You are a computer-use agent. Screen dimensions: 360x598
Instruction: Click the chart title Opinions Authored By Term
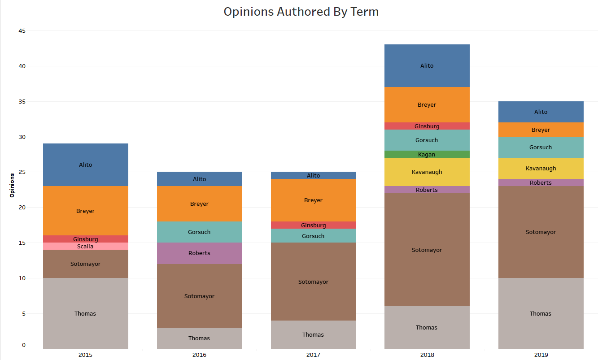[301, 12]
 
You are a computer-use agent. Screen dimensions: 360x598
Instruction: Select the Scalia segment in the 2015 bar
[85, 246]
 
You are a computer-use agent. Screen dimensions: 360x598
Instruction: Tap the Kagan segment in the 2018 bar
[427, 154]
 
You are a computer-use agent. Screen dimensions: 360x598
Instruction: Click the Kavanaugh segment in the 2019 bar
[541, 168]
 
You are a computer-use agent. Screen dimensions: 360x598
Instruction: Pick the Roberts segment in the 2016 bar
[199, 253]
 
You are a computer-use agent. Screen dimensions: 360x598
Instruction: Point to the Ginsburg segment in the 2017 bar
[313, 225]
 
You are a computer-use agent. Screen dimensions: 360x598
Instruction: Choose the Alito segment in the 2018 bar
[427, 65]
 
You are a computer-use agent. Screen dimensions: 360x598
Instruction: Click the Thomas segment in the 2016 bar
[199, 338]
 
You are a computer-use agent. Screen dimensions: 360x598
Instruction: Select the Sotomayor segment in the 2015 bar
[85, 264]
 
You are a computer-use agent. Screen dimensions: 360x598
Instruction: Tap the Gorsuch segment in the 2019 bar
[541, 147]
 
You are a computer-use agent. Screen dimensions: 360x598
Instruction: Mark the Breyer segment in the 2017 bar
[313, 200]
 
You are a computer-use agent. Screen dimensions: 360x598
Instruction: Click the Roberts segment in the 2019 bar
[541, 182]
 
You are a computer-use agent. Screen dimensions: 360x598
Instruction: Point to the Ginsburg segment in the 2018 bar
[427, 126]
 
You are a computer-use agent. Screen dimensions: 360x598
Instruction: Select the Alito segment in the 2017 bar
[313, 175]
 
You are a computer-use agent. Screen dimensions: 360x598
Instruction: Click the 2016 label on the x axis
[199, 355]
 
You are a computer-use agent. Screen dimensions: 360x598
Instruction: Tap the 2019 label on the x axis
[541, 355]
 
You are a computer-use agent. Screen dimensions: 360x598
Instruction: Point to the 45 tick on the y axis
[22, 30]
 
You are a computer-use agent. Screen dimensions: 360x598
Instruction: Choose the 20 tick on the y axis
[22, 208]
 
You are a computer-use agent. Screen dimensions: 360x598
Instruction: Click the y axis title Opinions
[12, 185]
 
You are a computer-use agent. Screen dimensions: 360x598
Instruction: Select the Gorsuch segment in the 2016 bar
[199, 232]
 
